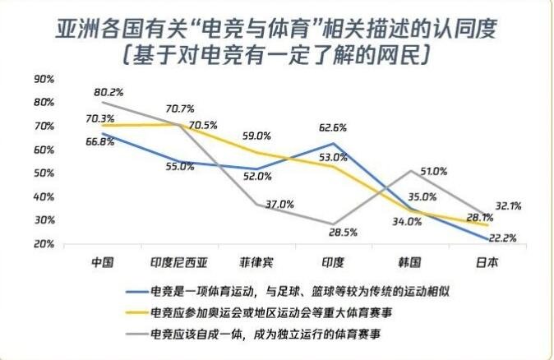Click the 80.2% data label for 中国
(x=109, y=92)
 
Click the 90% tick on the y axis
(x=44, y=79)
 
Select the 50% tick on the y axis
(x=44, y=173)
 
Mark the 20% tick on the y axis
(x=44, y=244)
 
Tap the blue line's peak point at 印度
(x=333, y=144)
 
